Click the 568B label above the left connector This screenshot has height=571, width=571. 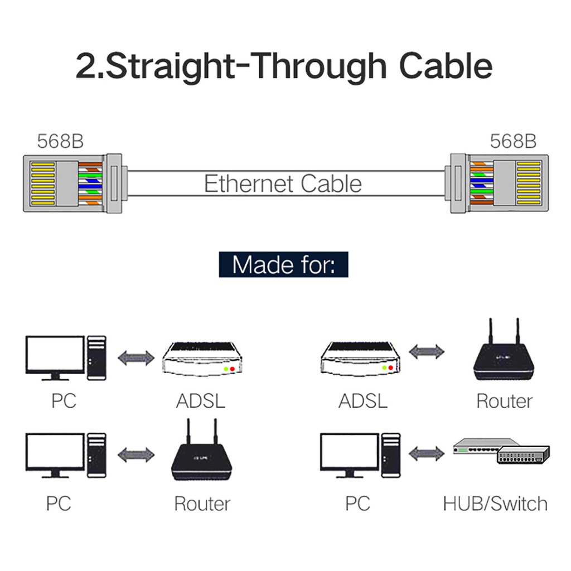click(x=60, y=141)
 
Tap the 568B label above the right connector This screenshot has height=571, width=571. click(x=513, y=141)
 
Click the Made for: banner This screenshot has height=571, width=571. click(x=283, y=264)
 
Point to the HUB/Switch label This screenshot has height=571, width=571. click(x=495, y=504)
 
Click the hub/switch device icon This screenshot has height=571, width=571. click(x=501, y=451)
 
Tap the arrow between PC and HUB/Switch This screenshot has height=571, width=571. click(x=427, y=454)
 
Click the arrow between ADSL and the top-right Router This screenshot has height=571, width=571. click(x=427, y=351)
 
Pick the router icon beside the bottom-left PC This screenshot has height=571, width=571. click(x=202, y=450)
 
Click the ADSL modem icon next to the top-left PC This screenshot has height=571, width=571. click(x=202, y=359)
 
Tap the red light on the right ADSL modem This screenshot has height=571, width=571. click(x=391, y=368)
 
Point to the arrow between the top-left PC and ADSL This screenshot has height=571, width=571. click(x=136, y=357)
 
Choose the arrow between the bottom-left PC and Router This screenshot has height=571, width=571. click(x=136, y=455)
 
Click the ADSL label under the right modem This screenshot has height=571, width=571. click(x=362, y=401)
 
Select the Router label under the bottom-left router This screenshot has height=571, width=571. click(x=202, y=504)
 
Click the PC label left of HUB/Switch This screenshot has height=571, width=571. click(x=357, y=504)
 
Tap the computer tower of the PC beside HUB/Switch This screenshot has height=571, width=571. click(x=391, y=455)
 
